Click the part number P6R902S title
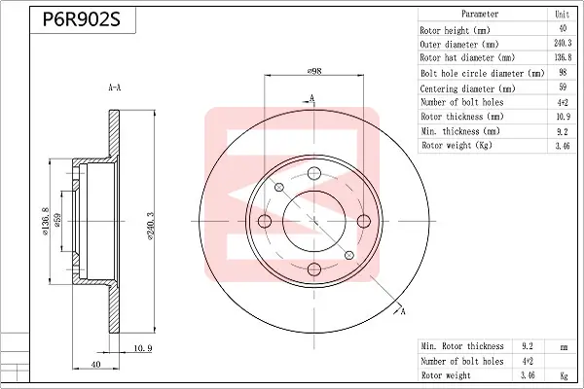coord(82,19)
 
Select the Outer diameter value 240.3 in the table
coord(563,43)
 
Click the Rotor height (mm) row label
coord(455,30)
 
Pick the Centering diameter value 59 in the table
coord(563,87)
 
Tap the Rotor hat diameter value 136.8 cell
coord(563,57)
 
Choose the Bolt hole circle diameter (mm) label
coord(483,73)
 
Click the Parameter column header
coord(480,15)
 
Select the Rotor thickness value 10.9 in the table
coord(564,117)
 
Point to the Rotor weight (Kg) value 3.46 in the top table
coord(563,146)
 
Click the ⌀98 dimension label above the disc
coord(314,71)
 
